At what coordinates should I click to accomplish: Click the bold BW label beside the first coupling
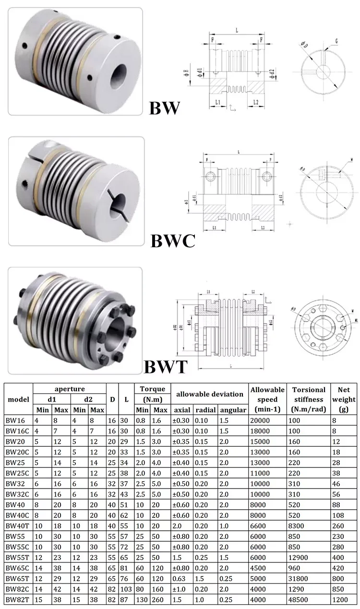[x=165, y=107]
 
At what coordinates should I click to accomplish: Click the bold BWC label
[x=173, y=240]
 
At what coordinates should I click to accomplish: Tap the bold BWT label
[x=165, y=367]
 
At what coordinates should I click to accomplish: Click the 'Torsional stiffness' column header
[x=309, y=399]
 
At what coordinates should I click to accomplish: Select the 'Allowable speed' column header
[x=267, y=399]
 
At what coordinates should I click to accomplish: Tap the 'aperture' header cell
[x=69, y=389]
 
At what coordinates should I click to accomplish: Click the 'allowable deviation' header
[x=210, y=394]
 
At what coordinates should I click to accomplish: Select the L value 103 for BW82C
[x=126, y=589]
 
